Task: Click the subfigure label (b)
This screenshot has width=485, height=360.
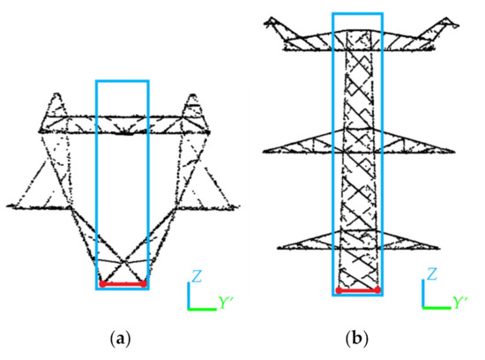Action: [x=357, y=336]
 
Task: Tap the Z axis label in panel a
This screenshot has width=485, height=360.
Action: [x=198, y=277]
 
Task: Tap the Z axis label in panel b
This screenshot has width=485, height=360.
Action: [x=432, y=275]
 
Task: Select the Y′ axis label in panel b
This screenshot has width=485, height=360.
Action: [x=459, y=303]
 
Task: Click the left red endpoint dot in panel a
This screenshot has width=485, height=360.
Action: [x=102, y=284]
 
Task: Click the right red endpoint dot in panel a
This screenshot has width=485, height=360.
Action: [x=143, y=284]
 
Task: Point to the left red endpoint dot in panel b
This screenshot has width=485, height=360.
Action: [x=338, y=289]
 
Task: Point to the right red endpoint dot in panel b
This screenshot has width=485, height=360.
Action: [x=377, y=289]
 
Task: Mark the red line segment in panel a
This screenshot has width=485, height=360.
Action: [x=123, y=284]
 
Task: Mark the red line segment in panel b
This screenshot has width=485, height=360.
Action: [x=357, y=289]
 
